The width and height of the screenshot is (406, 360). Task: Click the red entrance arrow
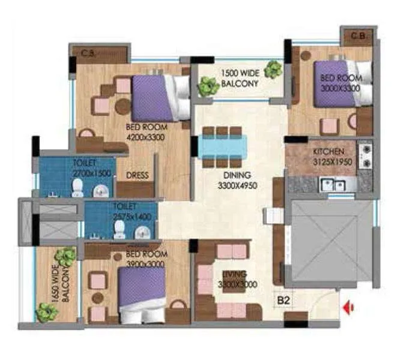point(348,308)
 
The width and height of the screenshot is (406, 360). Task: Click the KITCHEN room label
point(329,151)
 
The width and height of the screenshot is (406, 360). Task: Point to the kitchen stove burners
point(365,155)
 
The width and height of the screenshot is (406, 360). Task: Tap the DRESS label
point(138,176)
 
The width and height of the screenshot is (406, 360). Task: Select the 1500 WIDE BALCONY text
point(240,78)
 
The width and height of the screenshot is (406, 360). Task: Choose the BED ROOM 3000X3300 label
point(341,82)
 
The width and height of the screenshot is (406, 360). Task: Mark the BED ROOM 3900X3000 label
point(147,259)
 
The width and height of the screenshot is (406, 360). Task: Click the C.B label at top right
point(359,36)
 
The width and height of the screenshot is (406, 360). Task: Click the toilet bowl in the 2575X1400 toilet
point(120,229)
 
